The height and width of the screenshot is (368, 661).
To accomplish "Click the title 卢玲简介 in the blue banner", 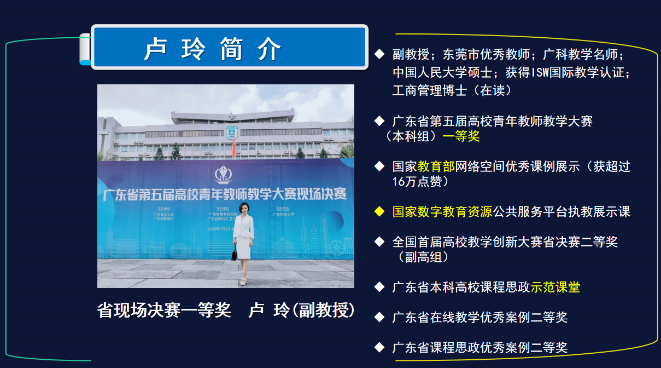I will point(213,49).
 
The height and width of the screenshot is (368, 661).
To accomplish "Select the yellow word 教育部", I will point(436,166).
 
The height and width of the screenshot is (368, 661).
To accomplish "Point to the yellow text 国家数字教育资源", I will point(442,211).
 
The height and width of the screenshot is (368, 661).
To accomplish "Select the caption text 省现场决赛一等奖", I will point(164,311).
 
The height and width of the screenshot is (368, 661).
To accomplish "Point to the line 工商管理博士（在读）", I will point(452,90).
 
